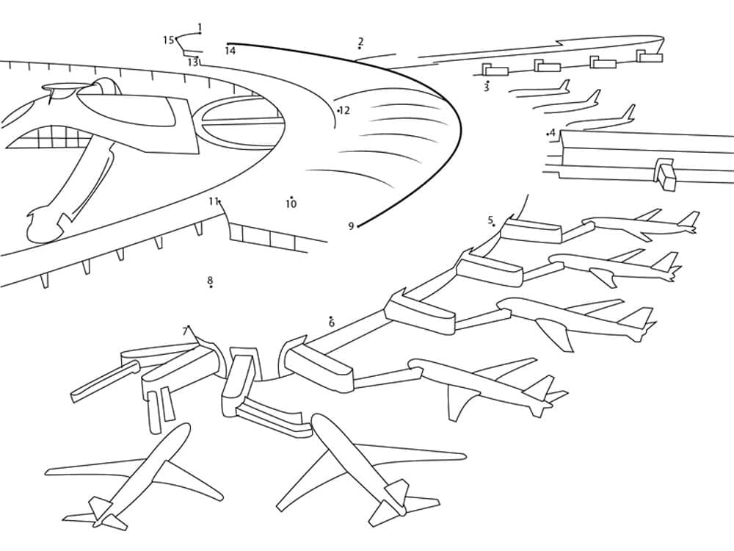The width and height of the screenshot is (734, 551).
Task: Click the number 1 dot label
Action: click(200, 27)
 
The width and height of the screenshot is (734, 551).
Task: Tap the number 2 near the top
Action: click(360, 42)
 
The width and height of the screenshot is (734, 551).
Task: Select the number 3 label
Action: click(486, 87)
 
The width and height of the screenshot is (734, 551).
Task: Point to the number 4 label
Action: click(552, 133)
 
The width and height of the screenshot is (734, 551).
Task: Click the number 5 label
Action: click(490, 220)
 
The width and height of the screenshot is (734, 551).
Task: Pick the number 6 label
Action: click(331, 323)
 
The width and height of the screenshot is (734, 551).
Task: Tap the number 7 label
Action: click(184, 331)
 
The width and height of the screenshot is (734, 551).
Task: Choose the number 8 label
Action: click(210, 280)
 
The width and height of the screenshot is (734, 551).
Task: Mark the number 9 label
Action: click(351, 226)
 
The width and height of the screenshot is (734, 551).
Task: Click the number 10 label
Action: click(291, 204)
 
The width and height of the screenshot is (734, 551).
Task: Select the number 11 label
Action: click(213, 201)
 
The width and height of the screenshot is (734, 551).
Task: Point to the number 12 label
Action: click(344, 110)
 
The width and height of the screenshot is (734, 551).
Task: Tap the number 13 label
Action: click(192, 62)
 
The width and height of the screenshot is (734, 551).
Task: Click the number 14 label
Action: click(230, 51)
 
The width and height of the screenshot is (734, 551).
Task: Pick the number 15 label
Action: click(168, 40)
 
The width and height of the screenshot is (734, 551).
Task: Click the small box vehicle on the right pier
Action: click(666, 176)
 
